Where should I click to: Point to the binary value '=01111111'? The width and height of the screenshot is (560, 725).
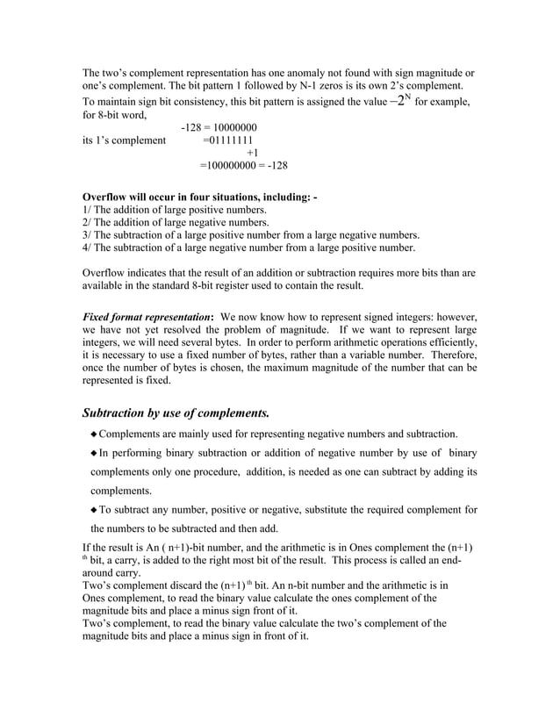230,140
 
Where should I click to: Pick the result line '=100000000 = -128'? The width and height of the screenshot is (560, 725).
243,165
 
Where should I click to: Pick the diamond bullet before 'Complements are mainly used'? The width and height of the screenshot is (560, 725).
94,434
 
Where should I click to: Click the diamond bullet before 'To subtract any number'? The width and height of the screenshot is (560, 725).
94,510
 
